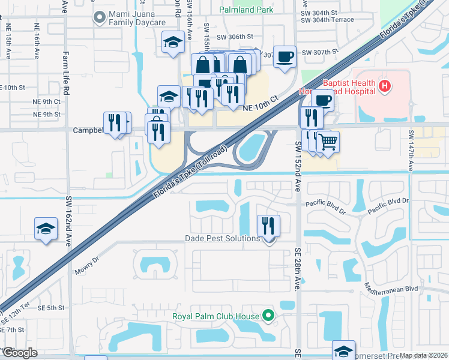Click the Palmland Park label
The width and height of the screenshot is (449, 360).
coord(247,10)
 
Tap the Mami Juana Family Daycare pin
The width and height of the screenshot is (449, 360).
coord(98,18)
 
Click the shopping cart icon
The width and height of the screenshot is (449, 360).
coord(328,142)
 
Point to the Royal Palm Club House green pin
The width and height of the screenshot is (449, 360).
coord(268,316)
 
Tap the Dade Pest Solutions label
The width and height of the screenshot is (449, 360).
coord(222,239)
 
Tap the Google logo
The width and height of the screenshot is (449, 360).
coord(19,353)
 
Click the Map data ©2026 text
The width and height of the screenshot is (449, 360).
coord(423,355)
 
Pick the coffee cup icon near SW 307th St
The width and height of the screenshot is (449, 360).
coord(285,56)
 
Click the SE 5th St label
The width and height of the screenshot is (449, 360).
coord(50,308)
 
